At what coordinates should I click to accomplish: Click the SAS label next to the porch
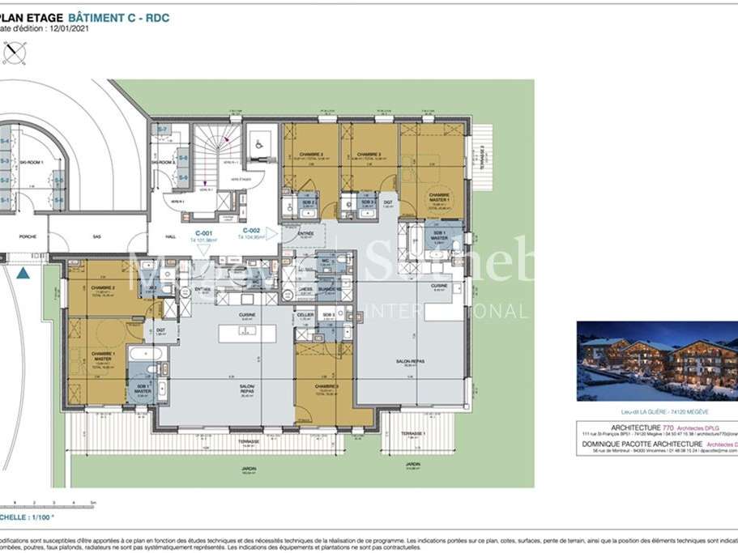tap(98, 236)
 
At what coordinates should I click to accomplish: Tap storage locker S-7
tap(162, 130)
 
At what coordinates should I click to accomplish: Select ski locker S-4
tap(5, 143)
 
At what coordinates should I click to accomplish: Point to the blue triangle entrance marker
tap(23, 273)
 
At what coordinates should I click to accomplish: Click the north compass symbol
tap(14, 53)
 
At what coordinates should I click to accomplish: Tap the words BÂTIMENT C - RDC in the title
tap(120, 15)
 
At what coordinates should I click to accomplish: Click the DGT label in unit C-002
tap(388, 202)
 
